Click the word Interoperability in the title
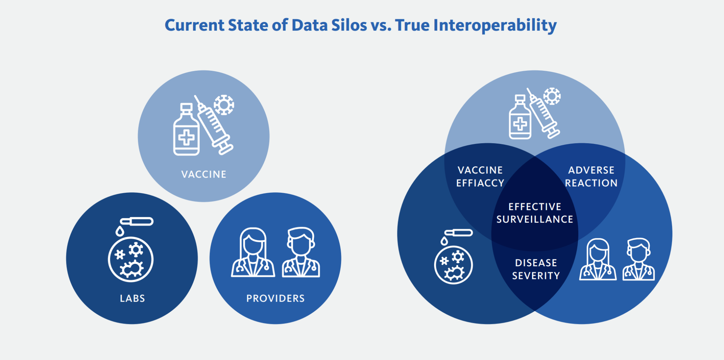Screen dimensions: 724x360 [495, 25]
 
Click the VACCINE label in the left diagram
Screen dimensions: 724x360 [204, 174]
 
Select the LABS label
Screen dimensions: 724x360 [132, 298]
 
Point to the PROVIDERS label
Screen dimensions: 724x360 [275, 298]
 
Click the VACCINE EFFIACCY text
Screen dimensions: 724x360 [480, 176]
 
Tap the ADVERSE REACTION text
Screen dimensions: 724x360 [591, 176]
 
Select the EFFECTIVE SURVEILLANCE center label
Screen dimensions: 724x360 [535, 213]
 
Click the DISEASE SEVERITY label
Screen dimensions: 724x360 [536, 269]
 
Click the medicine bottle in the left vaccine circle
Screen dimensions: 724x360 [186, 129]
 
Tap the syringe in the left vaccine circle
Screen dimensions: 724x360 [214, 125]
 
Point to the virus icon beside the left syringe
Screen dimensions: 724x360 [224, 105]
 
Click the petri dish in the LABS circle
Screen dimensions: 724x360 [130, 259]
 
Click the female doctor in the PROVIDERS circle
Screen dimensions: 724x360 [253, 252]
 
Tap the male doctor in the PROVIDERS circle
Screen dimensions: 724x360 [301, 252]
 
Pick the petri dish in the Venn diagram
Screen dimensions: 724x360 [454, 265]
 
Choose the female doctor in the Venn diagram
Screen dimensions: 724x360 [598, 260]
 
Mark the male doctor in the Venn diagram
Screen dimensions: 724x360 [638, 260]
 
